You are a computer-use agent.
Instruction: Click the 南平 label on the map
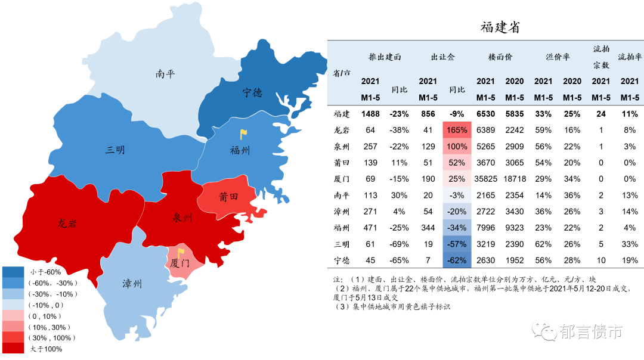165,74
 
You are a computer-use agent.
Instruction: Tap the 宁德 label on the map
252,92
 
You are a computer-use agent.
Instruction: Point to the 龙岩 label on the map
67,224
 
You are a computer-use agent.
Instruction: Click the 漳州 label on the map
132,284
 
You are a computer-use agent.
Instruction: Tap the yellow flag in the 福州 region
243,135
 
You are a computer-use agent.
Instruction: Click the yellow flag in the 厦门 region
180,253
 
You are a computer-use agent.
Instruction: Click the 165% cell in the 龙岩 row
457,130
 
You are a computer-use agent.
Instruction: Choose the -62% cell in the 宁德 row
457,260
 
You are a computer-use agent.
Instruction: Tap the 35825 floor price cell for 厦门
486,179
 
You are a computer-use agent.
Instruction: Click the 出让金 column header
442,57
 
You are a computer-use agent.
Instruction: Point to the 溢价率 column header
558,57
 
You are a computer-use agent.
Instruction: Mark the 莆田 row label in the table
341,163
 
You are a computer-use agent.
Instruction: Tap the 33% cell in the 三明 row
630,244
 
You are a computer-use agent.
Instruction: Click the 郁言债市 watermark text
592,331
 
